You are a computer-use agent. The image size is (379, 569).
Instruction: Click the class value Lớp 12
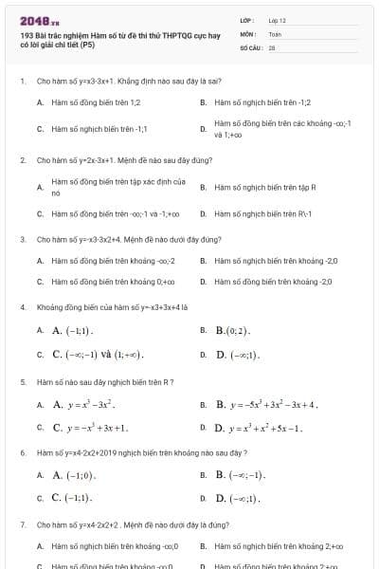pos(277,19)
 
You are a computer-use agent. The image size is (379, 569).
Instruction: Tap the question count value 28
pos(271,46)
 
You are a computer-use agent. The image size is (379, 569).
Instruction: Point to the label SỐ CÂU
pos(250,46)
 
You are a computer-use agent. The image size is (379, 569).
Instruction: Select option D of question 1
pos(282,128)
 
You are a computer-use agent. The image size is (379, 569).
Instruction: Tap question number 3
pos(22,239)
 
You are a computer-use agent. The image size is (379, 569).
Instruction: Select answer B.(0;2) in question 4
pos(232,330)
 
